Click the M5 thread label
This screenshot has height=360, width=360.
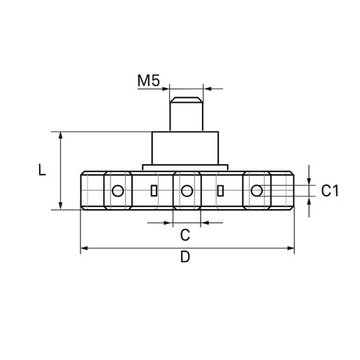(148, 80)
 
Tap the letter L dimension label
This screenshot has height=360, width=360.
(43, 170)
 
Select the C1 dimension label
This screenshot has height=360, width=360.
(330, 190)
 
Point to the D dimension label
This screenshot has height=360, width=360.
(185, 257)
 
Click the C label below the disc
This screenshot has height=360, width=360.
(186, 233)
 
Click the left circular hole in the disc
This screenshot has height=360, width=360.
(117, 190)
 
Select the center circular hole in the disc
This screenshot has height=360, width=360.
(187, 190)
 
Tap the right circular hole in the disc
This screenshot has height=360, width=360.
(257, 190)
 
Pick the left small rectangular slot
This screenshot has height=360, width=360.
(153, 190)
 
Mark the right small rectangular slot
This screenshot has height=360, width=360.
(221, 190)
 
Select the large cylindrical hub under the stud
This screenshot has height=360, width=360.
(187, 147)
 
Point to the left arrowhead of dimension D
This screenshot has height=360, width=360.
(85, 248)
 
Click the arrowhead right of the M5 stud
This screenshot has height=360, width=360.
(207, 89)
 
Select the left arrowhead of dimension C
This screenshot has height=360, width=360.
(168, 222)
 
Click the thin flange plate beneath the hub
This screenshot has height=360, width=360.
(187, 167)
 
